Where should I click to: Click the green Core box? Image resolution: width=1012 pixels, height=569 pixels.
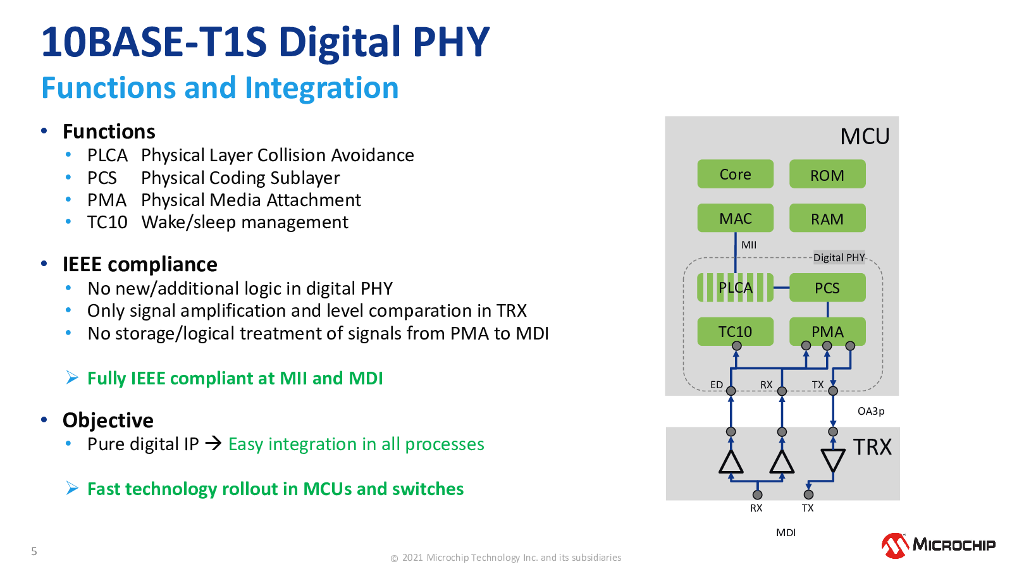click(735, 174)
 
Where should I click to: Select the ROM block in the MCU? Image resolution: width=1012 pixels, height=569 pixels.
click(827, 174)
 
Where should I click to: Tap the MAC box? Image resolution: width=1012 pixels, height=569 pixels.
click(735, 218)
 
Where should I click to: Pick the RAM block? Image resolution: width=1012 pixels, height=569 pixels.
click(827, 218)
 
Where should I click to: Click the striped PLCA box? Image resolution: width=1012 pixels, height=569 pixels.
click(735, 288)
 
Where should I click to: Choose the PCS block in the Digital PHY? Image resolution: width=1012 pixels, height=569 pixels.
click(827, 288)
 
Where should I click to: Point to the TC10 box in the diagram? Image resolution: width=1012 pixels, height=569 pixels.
click(735, 331)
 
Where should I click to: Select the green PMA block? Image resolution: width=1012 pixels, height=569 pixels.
click(827, 331)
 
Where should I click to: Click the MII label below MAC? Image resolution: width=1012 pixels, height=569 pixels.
click(749, 245)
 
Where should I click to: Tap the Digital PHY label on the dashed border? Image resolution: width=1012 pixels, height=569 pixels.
click(839, 257)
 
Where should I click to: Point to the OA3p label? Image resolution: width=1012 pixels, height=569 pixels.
click(870, 412)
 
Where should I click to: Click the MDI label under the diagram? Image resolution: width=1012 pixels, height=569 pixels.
click(786, 532)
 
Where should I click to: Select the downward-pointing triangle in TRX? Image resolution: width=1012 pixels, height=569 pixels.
click(832, 460)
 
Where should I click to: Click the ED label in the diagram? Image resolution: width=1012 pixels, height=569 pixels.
click(717, 385)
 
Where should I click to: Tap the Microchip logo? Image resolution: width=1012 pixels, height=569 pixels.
click(939, 545)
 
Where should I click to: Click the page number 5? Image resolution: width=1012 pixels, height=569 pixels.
click(34, 551)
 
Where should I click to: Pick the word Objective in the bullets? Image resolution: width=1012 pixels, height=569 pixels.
click(108, 420)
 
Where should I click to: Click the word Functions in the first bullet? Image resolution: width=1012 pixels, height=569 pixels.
click(109, 132)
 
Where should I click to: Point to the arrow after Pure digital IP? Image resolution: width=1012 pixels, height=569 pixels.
click(213, 443)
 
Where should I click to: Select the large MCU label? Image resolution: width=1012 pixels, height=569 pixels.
click(865, 136)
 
